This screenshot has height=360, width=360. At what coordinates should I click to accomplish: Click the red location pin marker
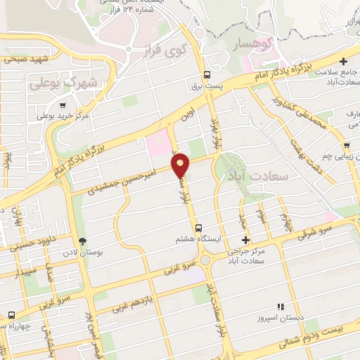(181, 165)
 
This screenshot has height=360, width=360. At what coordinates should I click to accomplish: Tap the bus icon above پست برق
(207, 75)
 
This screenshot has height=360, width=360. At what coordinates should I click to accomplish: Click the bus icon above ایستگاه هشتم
(199, 228)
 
